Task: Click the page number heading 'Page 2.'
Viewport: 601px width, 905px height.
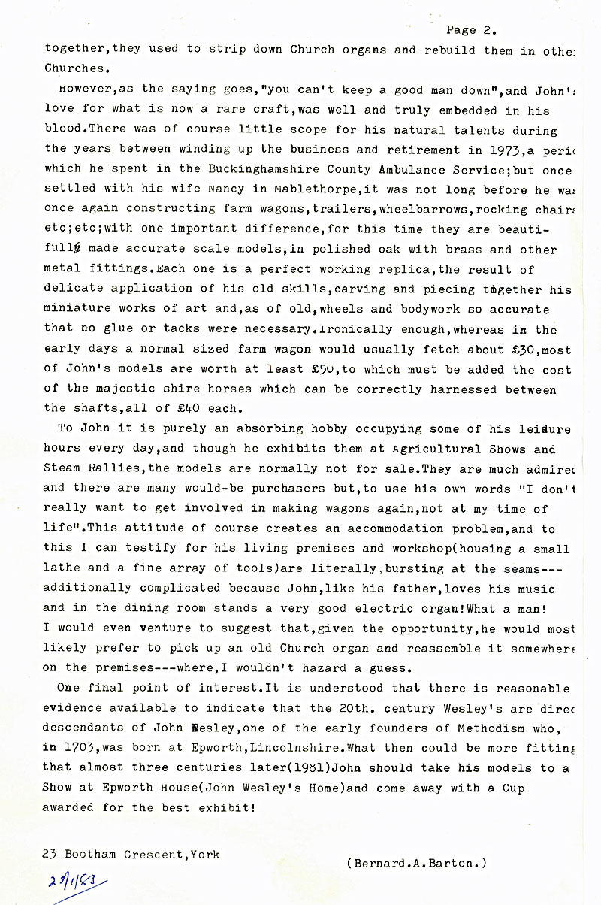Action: coord(471,30)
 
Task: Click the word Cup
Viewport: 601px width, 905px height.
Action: coord(512,788)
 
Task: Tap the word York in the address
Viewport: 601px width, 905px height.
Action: coord(207,854)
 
